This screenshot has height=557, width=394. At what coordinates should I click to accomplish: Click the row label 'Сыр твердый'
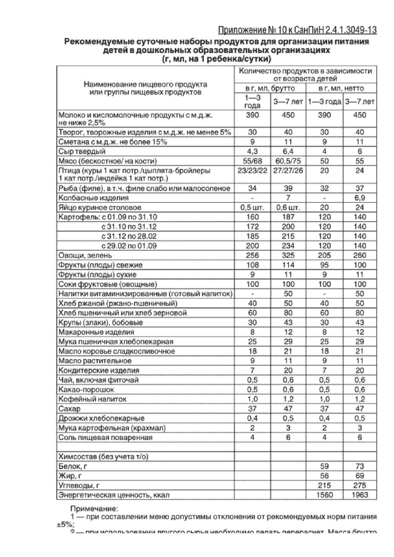click(82, 151)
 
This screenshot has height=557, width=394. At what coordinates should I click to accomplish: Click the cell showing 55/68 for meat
click(252, 161)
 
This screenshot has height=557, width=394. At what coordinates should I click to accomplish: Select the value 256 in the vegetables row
click(252, 255)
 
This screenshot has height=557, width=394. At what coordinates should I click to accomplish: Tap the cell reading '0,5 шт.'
click(252, 207)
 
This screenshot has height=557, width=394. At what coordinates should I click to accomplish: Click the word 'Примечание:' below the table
click(95, 508)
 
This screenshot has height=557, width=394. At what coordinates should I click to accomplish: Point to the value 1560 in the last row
click(325, 495)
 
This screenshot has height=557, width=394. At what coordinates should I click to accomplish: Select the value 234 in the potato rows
click(289, 245)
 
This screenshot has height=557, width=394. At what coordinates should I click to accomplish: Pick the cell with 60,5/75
click(289, 161)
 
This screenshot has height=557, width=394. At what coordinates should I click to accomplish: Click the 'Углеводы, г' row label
click(79, 485)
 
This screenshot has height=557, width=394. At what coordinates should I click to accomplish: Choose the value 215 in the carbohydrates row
click(325, 485)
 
